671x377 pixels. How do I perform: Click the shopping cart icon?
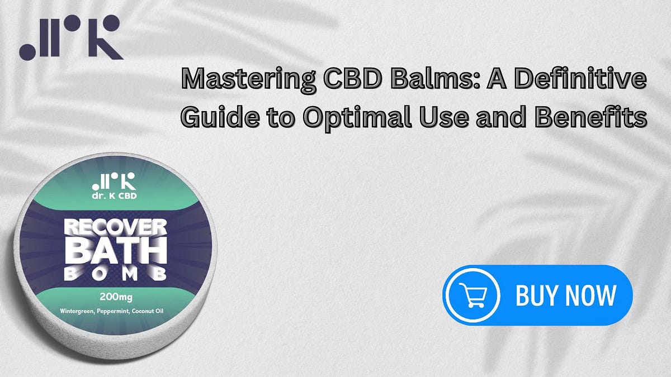[x=471, y=295]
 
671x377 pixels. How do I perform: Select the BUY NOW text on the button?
[x=565, y=295]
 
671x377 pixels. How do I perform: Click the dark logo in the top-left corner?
[x=70, y=37]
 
